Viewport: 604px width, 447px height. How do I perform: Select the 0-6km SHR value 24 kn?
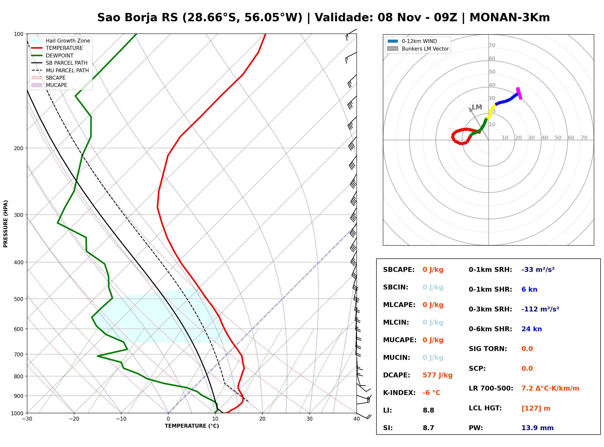click(x=531, y=329)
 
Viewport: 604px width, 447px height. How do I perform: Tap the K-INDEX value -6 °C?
click(x=431, y=393)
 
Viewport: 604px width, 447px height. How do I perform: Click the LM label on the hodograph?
click(x=477, y=107)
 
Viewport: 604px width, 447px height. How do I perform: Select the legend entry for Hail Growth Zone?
click(x=61, y=41)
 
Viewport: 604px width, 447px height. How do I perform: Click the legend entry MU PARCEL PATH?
click(x=60, y=70)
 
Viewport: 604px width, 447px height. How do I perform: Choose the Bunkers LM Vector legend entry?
click(x=418, y=49)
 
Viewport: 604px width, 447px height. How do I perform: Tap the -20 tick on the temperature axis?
click(x=74, y=419)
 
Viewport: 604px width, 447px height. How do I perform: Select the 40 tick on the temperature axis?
click(x=357, y=419)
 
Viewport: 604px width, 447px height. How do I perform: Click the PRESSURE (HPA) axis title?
click(x=6, y=224)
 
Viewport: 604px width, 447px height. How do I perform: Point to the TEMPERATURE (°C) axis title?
click(x=192, y=426)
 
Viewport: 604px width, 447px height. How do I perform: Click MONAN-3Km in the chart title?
click(x=510, y=18)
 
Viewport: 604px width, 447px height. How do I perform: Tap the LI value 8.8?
click(x=428, y=410)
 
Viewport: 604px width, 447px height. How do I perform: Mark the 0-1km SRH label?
click(x=490, y=270)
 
